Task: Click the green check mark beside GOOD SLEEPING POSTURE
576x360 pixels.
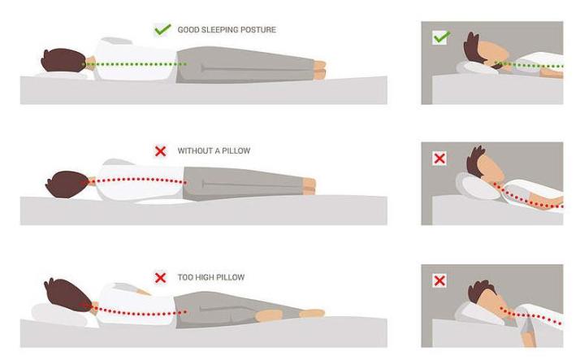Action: (x=162, y=30)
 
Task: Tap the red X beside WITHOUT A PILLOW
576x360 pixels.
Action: (x=161, y=150)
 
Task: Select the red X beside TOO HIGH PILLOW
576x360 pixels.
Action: (x=161, y=277)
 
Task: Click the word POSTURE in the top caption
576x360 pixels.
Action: (x=258, y=30)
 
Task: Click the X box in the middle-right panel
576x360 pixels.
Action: (x=440, y=158)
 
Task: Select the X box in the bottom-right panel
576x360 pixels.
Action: (x=440, y=281)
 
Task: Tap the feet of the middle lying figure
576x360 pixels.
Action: (x=310, y=186)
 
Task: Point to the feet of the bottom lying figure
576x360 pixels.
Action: (x=314, y=311)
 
